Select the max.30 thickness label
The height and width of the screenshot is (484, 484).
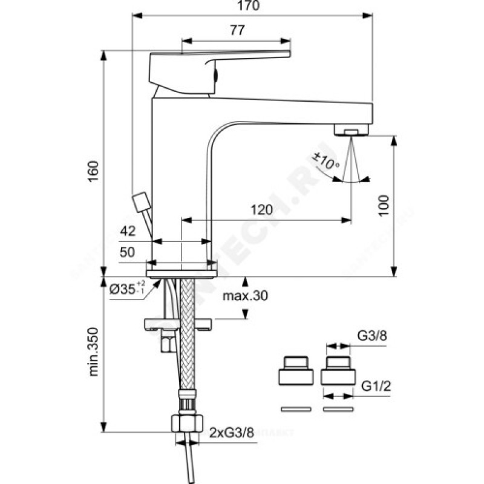[x=244, y=296]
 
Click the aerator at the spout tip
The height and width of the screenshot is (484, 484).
[x=352, y=131]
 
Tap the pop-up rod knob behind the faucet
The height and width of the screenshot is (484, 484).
[x=141, y=200]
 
